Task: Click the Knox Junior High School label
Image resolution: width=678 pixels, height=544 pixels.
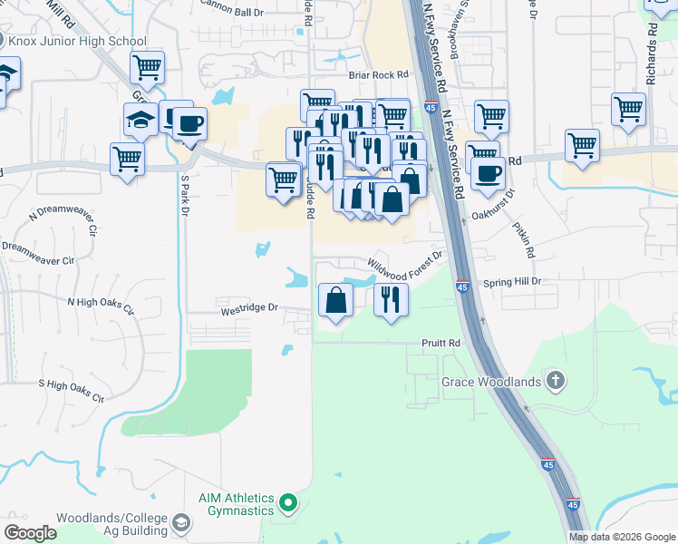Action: (x=77, y=41)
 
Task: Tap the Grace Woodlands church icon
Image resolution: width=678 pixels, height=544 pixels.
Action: (x=554, y=381)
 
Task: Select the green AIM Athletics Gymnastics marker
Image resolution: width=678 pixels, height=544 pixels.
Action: (x=288, y=501)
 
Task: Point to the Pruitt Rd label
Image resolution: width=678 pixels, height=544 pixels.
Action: (x=441, y=345)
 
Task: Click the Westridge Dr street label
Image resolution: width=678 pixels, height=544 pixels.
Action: (x=248, y=308)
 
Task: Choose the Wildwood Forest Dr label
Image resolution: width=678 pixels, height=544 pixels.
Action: (x=404, y=260)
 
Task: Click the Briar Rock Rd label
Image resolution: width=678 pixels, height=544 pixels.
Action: (x=379, y=76)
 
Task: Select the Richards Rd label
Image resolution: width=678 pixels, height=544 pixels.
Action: (x=651, y=62)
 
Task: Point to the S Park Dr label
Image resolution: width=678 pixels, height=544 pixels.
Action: (x=185, y=196)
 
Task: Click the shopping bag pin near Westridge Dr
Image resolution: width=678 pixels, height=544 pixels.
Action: (x=335, y=299)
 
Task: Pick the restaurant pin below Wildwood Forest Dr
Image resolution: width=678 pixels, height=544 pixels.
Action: (x=391, y=299)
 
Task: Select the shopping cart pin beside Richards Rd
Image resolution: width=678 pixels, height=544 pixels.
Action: (x=628, y=110)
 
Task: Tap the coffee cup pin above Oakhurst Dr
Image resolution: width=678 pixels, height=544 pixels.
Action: (x=487, y=171)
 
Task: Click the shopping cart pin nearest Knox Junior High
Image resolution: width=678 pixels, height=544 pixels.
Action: (x=146, y=67)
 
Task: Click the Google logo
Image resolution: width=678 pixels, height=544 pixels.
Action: (x=31, y=533)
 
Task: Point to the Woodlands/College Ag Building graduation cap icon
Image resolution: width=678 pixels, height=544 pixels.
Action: (x=181, y=523)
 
